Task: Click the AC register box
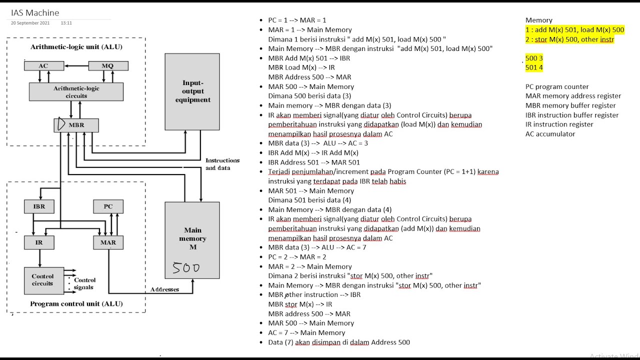[x=44, y=65]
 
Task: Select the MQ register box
[x=108, y=65]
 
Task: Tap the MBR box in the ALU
[x=76, y=125]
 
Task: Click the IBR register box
[x=39, y=206]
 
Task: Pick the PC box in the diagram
[x=108, y=206]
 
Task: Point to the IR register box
[x=39, y=242]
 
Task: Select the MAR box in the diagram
[x=108, y=242]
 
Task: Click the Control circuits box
[x=44, y=280]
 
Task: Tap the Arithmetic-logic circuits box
[x=76, y=91]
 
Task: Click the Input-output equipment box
[x=192, y=91]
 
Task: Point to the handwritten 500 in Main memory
[x=186, y=268]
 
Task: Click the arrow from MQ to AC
[x=76, y=65]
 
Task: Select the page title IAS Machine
[x=35, y=13]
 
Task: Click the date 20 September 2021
[x=30, y=23]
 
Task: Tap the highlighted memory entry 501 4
[x=534, y=67]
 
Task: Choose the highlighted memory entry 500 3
[x=534, y=58]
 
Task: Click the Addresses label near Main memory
[x=164, y=289]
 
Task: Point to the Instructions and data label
[x=222, y=164]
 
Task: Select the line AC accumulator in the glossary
[x=550, y=134]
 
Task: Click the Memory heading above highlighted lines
[x=539, y=20]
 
